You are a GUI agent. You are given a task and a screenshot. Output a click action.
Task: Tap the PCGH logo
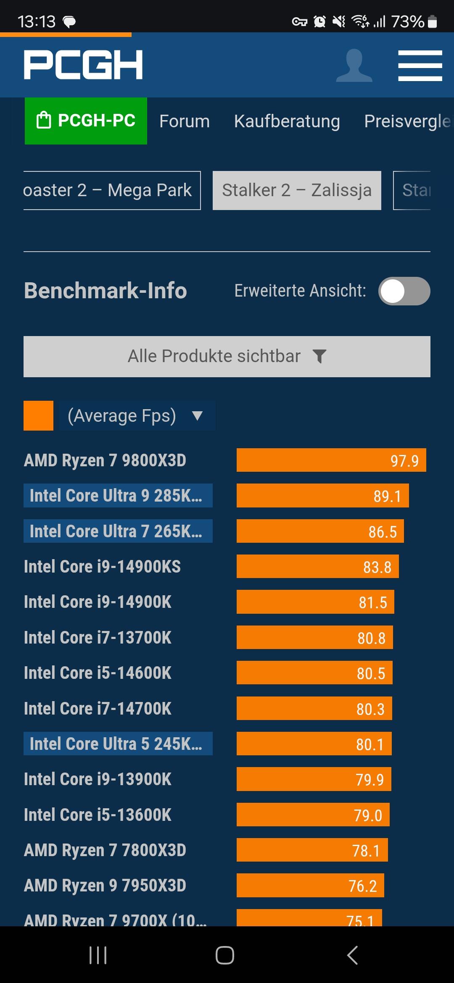[83, 65]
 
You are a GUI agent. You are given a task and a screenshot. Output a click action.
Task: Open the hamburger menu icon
[420, 66]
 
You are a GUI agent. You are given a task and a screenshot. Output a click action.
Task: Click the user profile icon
[354, 66]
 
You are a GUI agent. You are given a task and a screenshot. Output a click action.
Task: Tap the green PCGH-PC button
[86, 121]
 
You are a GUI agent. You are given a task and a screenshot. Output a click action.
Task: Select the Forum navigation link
[184, 121]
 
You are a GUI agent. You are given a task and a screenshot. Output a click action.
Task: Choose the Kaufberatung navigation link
[287, 121]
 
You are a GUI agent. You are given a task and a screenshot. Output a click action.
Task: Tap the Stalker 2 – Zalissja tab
[297, 190]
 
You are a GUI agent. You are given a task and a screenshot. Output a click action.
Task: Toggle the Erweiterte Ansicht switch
[404, 291]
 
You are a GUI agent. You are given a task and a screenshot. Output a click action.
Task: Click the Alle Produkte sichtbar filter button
[227, 356]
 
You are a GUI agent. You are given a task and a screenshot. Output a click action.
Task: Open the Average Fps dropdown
[137, 416]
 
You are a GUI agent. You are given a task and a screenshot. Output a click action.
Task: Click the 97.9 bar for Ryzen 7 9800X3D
[331, 460]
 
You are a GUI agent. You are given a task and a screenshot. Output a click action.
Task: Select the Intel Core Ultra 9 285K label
[118, 496]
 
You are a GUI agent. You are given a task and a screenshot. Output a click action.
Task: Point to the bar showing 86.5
[320, 531]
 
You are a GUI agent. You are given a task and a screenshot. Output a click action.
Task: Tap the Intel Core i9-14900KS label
[102, 567]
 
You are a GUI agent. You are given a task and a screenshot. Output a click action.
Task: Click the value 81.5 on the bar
[372, 602]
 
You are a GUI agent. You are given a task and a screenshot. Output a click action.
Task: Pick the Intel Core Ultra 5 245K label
[118, 744]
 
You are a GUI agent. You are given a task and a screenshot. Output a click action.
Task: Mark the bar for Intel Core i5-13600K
[313, 815]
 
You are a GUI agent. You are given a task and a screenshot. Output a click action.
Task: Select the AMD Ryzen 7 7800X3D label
[105, 850]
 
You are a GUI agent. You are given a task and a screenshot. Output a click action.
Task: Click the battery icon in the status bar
[432, 21]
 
